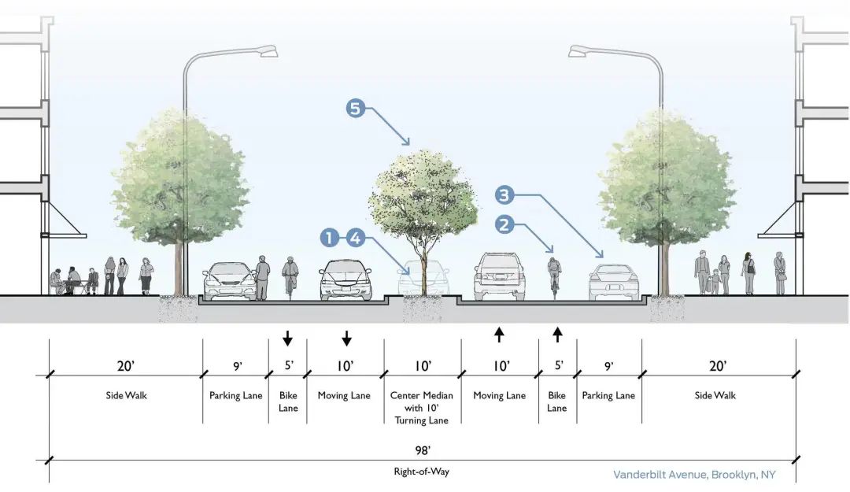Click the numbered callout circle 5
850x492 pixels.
[356, 108]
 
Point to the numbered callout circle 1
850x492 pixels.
[330, 237]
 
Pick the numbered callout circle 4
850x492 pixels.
[355, 237]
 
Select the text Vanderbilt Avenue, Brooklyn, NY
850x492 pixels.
[704, 475]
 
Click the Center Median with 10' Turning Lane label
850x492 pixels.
[423, 408]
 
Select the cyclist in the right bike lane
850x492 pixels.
[555, 274]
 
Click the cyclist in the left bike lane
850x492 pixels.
[290, 276]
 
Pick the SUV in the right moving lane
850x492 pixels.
[499, 276]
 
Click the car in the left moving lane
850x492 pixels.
[346, 279]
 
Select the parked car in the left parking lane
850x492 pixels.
[229, 281]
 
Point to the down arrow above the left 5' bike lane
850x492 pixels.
[287, 338]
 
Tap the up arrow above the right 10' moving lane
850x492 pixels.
[499, 334]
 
